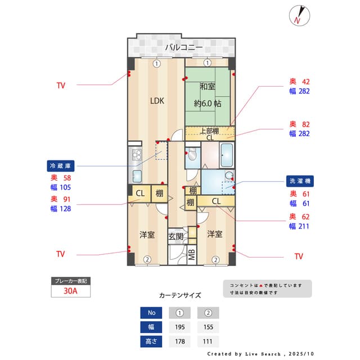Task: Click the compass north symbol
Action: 298,15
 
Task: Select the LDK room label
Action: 156,101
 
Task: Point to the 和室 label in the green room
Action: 207,87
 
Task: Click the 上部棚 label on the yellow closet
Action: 209,131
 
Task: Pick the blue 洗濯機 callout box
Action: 300,181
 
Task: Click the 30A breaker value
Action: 70,291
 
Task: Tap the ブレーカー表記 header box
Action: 70,281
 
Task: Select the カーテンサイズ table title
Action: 180,295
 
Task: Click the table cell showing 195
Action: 179,327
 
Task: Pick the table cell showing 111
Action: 208,341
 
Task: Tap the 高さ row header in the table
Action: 151,341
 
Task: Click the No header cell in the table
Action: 151,313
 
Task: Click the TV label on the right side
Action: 299,256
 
